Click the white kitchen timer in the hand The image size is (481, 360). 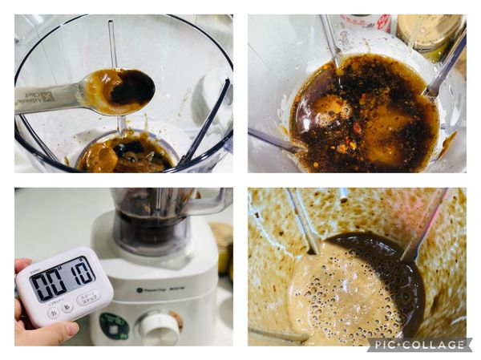coord(63,286)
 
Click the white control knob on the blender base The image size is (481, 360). coord(159,328)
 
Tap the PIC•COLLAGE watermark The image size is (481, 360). coord(418,345)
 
